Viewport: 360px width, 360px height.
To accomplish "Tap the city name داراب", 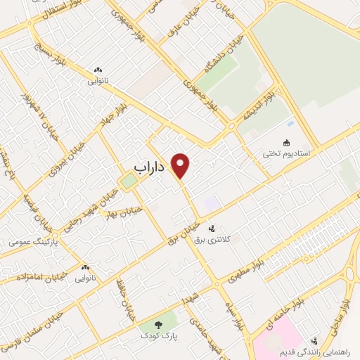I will click(x=148, y=167).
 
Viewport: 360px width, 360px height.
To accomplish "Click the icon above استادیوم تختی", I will click(x=286, y=141).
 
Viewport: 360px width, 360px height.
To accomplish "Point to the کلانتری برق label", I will click(x=212, y=240).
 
